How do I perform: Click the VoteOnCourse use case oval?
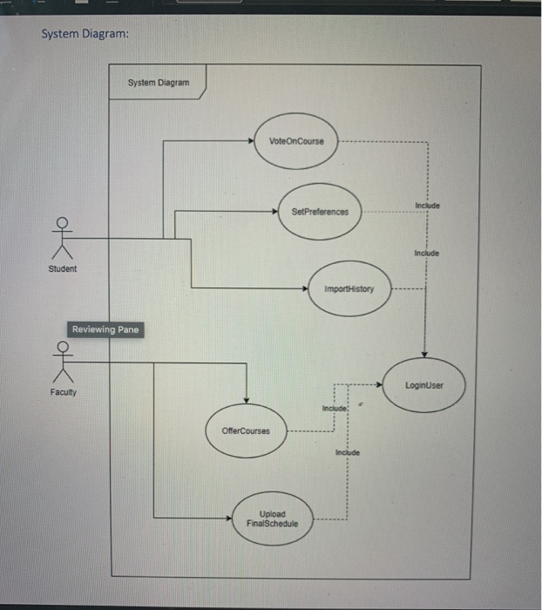point(296,141)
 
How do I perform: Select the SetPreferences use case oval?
point(320,211)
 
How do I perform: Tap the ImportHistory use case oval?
point(349,288)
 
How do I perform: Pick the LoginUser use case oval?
point(424,384)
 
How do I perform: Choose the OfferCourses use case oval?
point(246,430)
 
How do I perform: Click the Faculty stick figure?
point(61,361)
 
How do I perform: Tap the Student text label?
point(62,268)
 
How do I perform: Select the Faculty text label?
point(63,392)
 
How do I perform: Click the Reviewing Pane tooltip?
point(105,329)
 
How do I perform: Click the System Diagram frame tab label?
point(158,83)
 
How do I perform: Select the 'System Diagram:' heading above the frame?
point(85,34)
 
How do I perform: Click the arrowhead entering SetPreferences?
point(274,211)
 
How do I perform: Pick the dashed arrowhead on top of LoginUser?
point(424,353)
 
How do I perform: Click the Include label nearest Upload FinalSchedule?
point(347,453)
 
